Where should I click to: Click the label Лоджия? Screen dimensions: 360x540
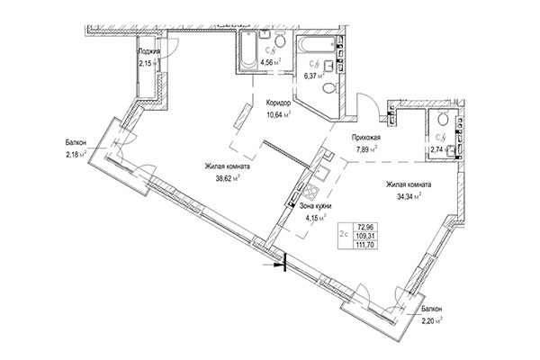[x=149, y=53]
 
